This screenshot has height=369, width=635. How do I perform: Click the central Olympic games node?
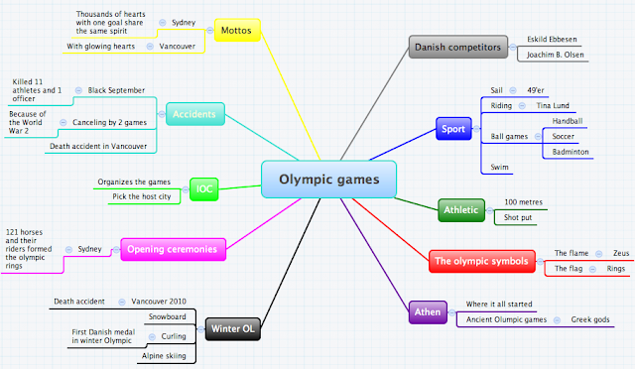point(329,180)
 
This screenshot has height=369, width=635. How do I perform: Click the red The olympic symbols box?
point(481,263)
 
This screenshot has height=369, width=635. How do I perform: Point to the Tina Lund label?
point(554,104)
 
